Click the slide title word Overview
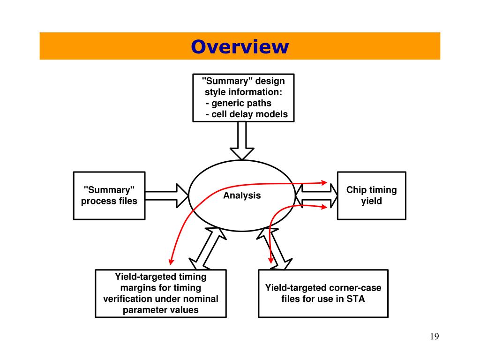pyautogui.click(x=240, y=46)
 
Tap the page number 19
pyautogui.click(x=434, y=337)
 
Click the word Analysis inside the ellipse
pyautogui.click(x=242, y=195)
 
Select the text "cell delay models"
pyautogui.click(x=249, y=114)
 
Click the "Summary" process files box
pyautogui.click(x=109, y=195)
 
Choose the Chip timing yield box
pyautogui.click(x=371, y=195)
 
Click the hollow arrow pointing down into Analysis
pyautogui.click(x=242, y=141)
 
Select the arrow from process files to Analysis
pyautogui.click(x=166, y=195)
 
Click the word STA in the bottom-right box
pyautogui.click(x=355, y=299)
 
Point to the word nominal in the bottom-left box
pyautogui.click(x=202, y=299)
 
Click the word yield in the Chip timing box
pyautogui.click(x=371, y=201)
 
